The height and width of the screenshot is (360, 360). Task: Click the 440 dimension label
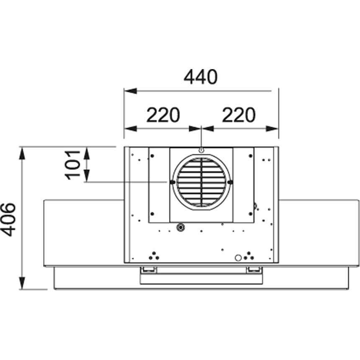(201, 77)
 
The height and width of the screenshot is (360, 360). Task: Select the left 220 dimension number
(163, 115)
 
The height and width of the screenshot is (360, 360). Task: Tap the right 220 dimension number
(239, 115)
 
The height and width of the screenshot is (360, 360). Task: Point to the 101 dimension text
(73, 165)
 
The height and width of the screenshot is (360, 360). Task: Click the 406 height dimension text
(8, 219)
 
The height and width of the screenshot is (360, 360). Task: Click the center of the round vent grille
(202, 182)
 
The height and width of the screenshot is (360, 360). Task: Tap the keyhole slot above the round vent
(201, 150)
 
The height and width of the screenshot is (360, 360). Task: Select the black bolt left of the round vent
(172, 182)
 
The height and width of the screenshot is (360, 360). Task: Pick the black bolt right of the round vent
(231, 182)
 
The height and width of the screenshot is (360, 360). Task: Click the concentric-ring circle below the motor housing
(180, 228)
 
